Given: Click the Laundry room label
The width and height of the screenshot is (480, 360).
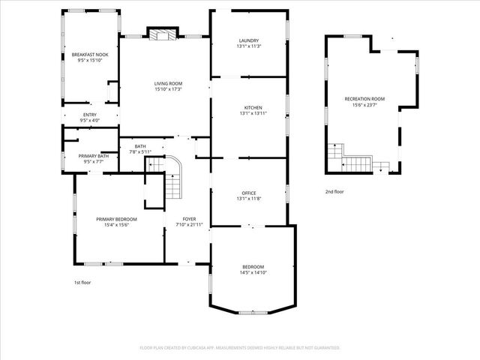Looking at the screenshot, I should [x=248, y=40].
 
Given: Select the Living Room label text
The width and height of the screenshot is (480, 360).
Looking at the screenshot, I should [x=169, y=83].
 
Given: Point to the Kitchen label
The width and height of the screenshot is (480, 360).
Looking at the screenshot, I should [x=253, y=107].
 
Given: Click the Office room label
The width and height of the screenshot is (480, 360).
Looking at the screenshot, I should [x=248, y=193].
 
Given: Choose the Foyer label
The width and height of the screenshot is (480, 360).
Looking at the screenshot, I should [x=189, y=218].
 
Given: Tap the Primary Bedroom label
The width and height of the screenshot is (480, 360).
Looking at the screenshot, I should [x=116, y=219].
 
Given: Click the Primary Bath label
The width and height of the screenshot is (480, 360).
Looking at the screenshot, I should [x=94, y=155].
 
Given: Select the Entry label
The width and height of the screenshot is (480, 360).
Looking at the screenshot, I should [x=89, y=115].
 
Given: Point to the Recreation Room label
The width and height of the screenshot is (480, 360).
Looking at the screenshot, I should [x=364, y=99].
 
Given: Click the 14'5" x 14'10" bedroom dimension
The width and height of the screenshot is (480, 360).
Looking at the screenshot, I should [x=253, y=273].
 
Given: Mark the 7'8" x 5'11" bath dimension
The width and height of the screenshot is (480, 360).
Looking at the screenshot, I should [x=140, y=151].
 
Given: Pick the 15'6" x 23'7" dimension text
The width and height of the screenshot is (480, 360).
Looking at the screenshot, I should [x=364, y=105].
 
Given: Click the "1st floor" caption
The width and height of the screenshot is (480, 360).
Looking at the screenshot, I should [x=82, y=282].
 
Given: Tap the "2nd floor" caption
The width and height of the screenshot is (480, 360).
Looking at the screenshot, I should [x=334, y=192].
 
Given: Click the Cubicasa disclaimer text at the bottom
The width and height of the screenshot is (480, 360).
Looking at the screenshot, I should [x=240, y=348].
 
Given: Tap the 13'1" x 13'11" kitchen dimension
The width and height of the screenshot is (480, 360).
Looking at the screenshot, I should [x=253, y=113].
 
